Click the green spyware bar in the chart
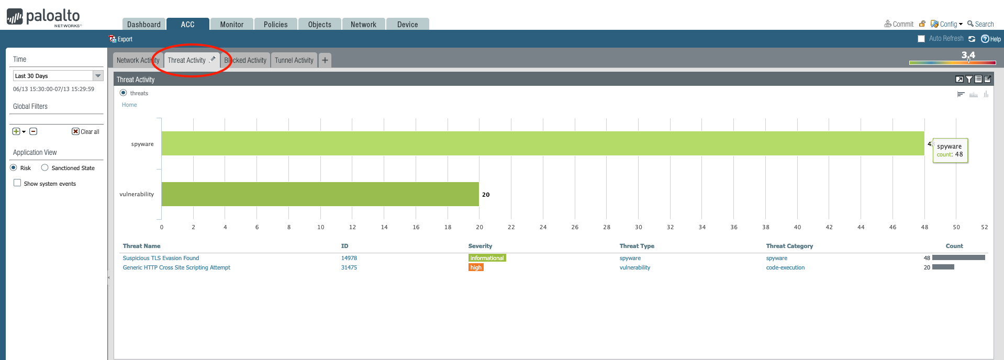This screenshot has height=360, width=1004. click(542, 143)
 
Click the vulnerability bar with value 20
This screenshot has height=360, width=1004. click(320, 194)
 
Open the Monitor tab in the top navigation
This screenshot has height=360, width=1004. click(231, 24)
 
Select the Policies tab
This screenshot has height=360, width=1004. click(275, 24)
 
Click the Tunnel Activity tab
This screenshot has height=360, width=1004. click(294, 60)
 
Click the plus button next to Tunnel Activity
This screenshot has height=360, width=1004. click(325, 60)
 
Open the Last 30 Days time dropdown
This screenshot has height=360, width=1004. click(98, 76)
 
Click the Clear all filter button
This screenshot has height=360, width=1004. click(86, 131)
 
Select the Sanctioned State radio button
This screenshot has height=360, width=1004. click(45, 168)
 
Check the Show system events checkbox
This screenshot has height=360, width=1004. click(17, 183)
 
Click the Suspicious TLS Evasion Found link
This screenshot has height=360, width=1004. click(161, 258)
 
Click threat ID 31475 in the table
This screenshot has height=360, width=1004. click(349, 267)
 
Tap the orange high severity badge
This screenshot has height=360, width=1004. click(475, 267)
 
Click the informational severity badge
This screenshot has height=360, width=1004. click(487, 258)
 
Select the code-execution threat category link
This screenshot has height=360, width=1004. click(785, 267)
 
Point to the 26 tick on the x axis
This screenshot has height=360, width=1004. click(575, 227)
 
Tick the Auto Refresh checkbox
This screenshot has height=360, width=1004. click(921, 39)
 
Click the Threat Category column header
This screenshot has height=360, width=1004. click(789, 246)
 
